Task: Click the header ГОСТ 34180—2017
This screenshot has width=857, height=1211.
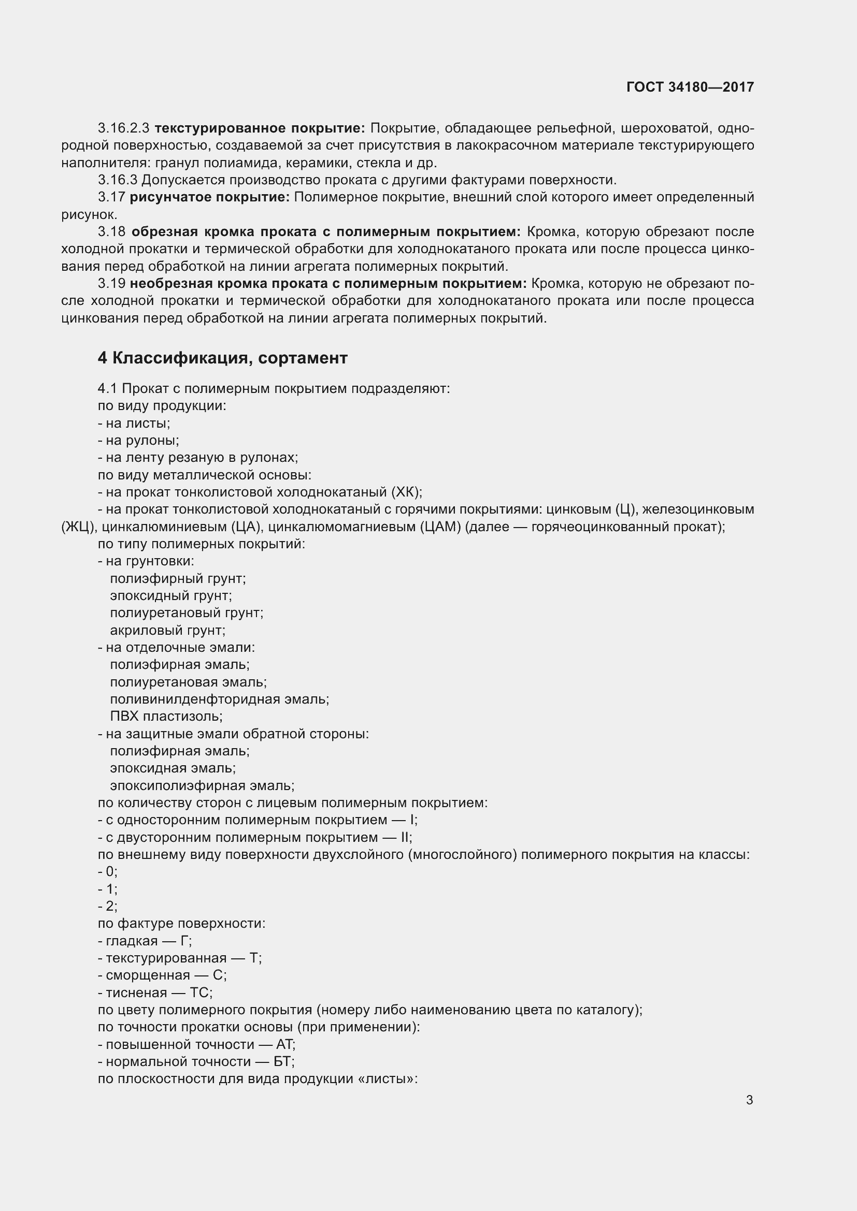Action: coord(690,87)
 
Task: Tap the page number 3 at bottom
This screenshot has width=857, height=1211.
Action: coord(749,1100)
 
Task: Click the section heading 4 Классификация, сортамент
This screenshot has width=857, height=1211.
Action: coord(222,358)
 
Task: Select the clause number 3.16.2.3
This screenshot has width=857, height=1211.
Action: coord(123,128)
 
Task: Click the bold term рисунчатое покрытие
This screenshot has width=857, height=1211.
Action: coord(209,197)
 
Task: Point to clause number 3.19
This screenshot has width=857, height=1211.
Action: coord(111,284)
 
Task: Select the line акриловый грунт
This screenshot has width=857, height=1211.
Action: coord(167,630)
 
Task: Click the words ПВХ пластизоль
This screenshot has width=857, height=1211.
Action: coord(166,716)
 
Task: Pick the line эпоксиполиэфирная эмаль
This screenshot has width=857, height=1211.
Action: coord(202,785)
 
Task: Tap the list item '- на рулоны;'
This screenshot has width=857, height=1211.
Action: coord(138,441)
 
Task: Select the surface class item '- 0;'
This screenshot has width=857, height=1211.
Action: coord(108,871)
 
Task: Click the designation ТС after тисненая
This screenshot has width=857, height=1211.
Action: coord(201,993)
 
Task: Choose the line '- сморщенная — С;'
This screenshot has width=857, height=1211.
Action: coord(162,975)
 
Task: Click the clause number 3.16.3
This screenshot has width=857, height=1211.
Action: coord(117,180)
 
